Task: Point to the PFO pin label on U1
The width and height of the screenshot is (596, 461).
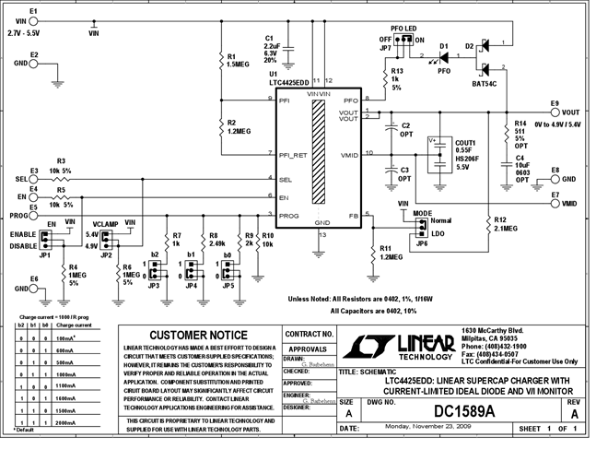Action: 350,99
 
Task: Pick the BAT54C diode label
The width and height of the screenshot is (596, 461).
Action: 485,84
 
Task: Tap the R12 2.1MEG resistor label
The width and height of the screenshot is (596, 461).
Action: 507,224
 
